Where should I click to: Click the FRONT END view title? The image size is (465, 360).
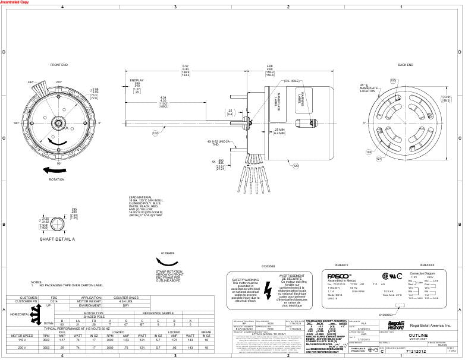(x=59, y=64)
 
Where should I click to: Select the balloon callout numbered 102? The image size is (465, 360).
(x=156, y=134)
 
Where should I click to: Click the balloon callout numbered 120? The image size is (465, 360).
(x=296, y=166)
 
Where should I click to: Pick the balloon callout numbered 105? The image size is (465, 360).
(x=392, y=80)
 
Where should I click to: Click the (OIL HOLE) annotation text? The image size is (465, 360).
(x=291, y=81)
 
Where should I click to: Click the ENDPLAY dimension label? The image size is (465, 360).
(x=137, y=80)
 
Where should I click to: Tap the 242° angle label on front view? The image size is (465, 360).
(x=30, y=83)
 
